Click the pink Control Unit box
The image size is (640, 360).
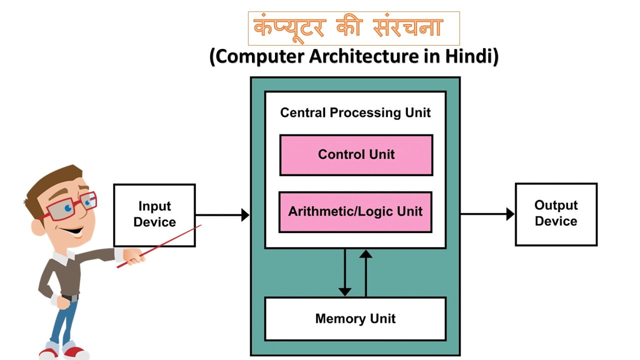point(356,155)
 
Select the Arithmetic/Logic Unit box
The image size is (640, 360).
point(355,212)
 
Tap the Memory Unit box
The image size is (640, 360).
point(355,319)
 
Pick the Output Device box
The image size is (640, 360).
point(556,214)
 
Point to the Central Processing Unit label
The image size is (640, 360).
point(355,112)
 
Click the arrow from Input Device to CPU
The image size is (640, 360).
point(222,215)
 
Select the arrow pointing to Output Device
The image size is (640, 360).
point(487,214)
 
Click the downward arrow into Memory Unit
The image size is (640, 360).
point(344,272)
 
